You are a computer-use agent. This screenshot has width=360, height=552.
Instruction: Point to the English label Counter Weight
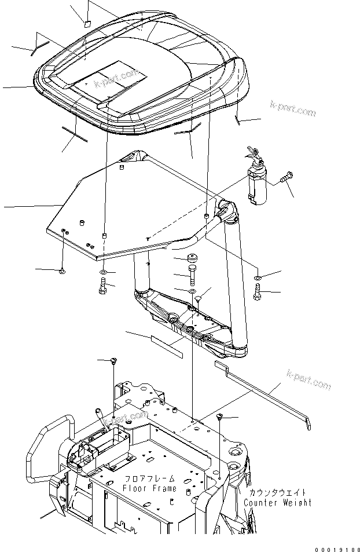(278, 502)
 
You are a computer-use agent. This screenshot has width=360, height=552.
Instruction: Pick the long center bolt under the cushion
(192, 275)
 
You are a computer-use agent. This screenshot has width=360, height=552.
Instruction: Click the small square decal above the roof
(85, 24)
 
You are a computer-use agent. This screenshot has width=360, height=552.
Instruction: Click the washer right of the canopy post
(258, 279)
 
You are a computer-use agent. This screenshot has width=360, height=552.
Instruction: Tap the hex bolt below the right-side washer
(258, 293)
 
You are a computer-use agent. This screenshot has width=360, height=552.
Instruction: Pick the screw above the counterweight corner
(220, 417)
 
